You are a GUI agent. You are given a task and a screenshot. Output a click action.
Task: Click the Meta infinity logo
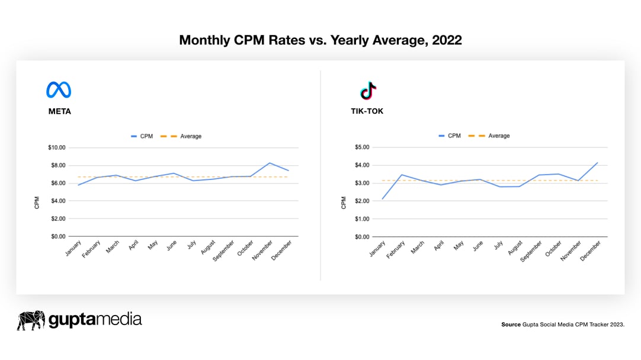click(x=59, y=90)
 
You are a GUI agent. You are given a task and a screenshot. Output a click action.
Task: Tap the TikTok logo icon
click(x=368, y=91)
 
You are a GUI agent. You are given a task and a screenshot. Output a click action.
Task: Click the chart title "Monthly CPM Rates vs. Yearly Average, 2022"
click(x=320, y=40)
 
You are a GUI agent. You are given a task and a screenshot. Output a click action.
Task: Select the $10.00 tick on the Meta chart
click(x=57, y=147)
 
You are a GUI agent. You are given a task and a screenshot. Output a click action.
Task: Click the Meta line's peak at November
click(x=270, y=163)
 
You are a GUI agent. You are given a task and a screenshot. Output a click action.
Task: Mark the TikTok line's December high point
click(x=597, y=162)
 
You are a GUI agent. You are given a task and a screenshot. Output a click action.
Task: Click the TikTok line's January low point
click(x=382, y=198)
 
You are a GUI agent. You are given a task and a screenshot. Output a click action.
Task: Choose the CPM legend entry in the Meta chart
click(x=142, y=136)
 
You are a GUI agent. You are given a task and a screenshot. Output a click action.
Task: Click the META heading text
click(x=60, y=111)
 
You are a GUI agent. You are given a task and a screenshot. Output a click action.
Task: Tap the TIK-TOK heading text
click(x=367, y=111)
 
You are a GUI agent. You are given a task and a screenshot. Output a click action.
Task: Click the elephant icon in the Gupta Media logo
click(x=31, y=320)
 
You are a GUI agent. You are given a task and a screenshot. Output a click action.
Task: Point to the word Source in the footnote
click(x=511, y=324)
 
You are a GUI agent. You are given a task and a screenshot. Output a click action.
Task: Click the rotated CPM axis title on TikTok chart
click(x=344, y=202)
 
